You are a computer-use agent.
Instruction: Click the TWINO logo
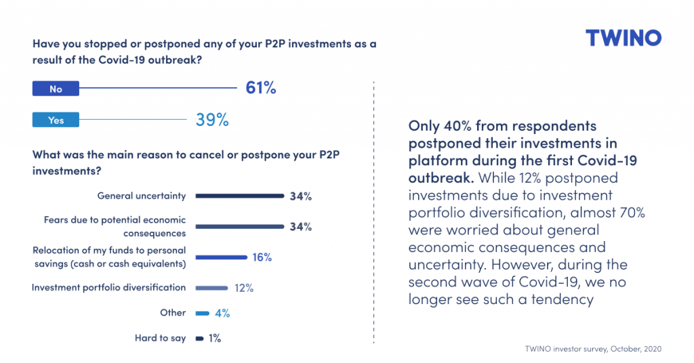click(623, 38)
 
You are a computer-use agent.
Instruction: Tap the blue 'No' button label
click(56, 89)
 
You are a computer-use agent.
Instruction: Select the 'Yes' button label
click(56, 120)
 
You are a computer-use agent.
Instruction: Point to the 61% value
click(261, 88)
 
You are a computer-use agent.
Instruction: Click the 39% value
click(212, 120)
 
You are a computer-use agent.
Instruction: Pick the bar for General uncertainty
click(239, 196)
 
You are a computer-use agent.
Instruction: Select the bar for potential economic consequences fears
click(239, 226)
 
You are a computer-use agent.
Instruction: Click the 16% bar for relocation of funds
click(221, 257)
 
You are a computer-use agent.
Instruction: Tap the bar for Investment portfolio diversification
click(211, 288)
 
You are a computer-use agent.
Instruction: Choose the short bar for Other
click(202, 314)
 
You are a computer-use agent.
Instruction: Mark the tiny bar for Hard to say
click(199, 338)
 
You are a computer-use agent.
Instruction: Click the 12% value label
click(244, 288)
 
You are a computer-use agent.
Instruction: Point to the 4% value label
click(222, 314)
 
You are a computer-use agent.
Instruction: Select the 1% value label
click(215, 338)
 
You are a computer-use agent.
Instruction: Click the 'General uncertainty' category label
click(141, 196)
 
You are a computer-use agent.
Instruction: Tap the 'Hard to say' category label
click(160, 337)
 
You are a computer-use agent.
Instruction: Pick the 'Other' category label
click(173, 313)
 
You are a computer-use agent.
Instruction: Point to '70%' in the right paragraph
click(628, 213)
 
